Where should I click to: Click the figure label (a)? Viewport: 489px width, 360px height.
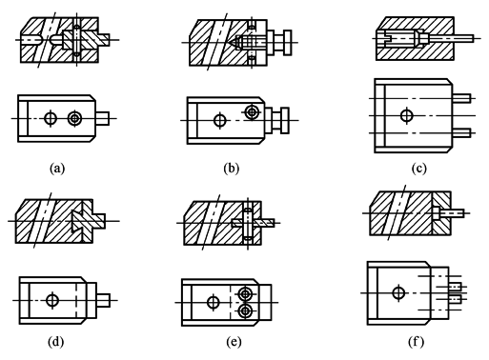coord(57,168)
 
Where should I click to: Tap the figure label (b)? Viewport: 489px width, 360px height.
coord(231,168)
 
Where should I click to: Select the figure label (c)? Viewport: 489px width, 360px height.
coord(418,169)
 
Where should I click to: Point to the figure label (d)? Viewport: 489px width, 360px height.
coord(56,342)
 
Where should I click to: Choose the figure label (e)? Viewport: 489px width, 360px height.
coord(234,342)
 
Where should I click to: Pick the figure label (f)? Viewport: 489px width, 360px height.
coord(417,342)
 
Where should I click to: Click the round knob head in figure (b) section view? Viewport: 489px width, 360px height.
coord(288,43)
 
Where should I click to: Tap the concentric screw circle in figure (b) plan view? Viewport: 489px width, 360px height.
coord(252,111)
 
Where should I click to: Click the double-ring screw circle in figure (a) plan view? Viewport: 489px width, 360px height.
coord(74,118)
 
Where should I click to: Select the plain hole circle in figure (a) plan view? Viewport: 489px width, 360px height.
coord(50,118)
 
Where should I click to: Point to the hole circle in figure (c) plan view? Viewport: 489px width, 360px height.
coord(406,115)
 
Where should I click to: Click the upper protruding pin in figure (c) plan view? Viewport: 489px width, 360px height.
coord(461,98)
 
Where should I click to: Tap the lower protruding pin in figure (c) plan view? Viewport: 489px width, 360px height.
coord(461,132)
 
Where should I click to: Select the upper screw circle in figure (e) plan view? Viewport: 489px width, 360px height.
coord(245,294)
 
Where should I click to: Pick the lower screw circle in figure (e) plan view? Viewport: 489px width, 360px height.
coord(245,311)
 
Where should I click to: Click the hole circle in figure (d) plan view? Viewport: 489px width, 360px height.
coord(52,300)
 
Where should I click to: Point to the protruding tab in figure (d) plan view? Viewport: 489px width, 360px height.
coord(103,300)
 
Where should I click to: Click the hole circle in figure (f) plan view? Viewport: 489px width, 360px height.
coord(398,292)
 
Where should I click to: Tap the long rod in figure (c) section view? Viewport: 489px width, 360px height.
coord(451,39)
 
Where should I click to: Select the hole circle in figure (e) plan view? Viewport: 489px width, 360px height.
coord(214,302)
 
